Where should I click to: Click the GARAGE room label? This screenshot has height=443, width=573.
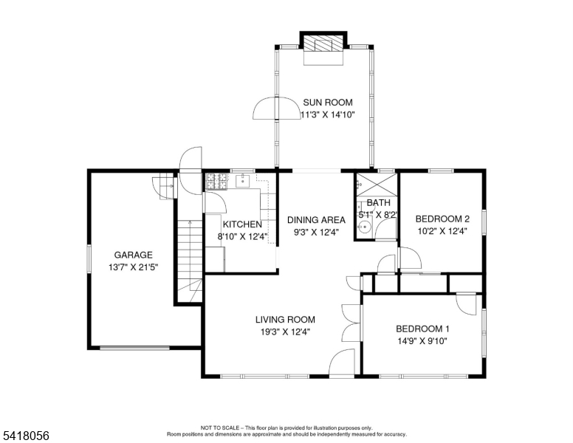(x=134, y=255)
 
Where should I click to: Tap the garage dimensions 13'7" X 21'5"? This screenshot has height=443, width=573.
(x=134, y=267)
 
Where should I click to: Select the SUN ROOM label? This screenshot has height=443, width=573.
(x=328, y=103)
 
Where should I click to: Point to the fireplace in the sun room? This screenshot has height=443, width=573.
(x=323, y=48)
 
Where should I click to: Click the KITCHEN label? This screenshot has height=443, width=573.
(x=242, y=224)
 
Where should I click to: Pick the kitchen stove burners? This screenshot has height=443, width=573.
(x=216, y=182)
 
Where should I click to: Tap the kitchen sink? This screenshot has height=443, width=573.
(x=243, y=181)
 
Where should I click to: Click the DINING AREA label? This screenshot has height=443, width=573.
(x=317, y=220)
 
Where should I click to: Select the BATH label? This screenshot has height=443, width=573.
(x=379, y=202)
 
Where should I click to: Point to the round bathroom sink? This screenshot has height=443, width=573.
(x=364, y=227)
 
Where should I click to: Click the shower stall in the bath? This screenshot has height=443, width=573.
(x=377, y=185)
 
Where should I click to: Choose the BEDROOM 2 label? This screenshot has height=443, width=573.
(x=442, y=219)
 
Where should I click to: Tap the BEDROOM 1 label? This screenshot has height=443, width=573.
(x=423, y=329)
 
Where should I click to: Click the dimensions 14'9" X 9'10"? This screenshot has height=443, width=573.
(x=423, y=341)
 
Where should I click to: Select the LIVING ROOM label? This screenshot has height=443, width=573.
(x=286, y=320)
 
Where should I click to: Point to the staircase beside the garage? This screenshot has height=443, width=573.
(x=190, y=261)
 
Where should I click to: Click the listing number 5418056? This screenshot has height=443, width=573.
(x=26, y=436)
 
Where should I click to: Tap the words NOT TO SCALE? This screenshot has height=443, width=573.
(x=220, y=427)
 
